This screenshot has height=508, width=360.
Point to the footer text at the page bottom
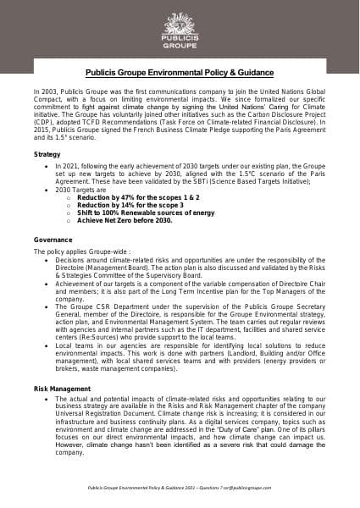coord(180,489)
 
